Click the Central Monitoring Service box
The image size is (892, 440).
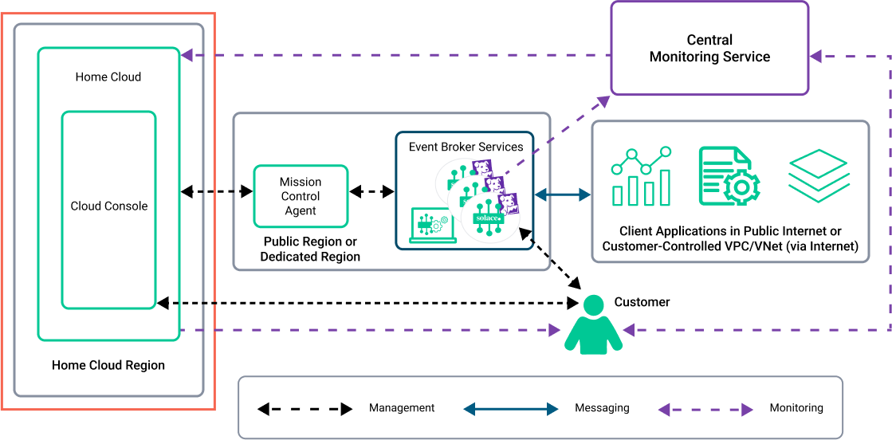(x=709, y=48)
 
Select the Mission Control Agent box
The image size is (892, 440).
(x=301, y=196)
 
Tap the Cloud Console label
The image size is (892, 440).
(x=109, y=206)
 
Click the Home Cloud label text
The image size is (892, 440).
(x=108, y=77)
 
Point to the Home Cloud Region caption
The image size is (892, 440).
(x=108, y=365)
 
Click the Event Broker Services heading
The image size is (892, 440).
(x=466, y=147)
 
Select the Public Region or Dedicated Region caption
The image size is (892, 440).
(x=310, y=249)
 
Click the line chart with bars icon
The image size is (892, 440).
(x=642, y=176)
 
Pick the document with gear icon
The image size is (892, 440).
(x=729, y=176)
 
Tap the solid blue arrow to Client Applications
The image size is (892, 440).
(x=563, y=194)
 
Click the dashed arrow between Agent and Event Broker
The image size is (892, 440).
(x=372, y=192)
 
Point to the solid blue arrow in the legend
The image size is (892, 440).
(x=511, y=409)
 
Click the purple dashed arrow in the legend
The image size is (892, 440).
(x=705, y=410)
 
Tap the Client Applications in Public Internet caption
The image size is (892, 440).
(x=730, y=239)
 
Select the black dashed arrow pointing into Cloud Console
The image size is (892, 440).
(x=187, y=303)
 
